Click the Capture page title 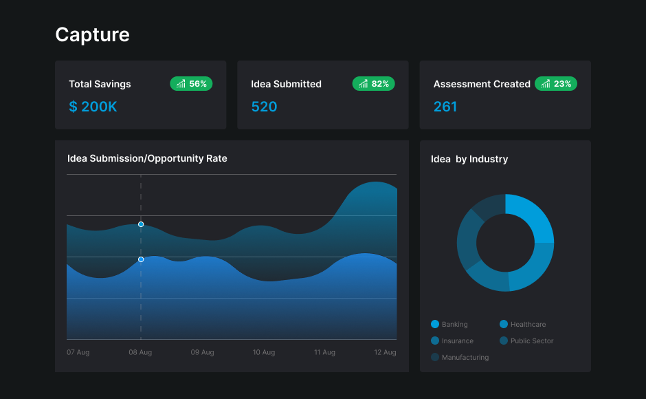[x=92, y=34]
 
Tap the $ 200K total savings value [x=93, y=107]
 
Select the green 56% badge [x=192, y=84]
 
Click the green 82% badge [x=374, y=84]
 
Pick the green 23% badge [x=556, y=84]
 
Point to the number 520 [x=264, y=107]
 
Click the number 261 [x=445, y=107]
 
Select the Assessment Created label [x=482, y=84]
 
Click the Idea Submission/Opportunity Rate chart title [x=147, y=158]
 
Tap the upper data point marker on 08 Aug [x=141, y=224]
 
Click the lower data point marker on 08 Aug [x=141, y=259]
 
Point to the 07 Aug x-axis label [x=78, y=352]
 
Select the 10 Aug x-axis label [x=264, y=352]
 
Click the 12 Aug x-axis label [x=385, y=352]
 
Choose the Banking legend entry [x=449, y=324]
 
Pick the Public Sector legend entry [x=526, y=341]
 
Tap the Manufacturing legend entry [x=460, y=357]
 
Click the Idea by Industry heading [x=469, y=159]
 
